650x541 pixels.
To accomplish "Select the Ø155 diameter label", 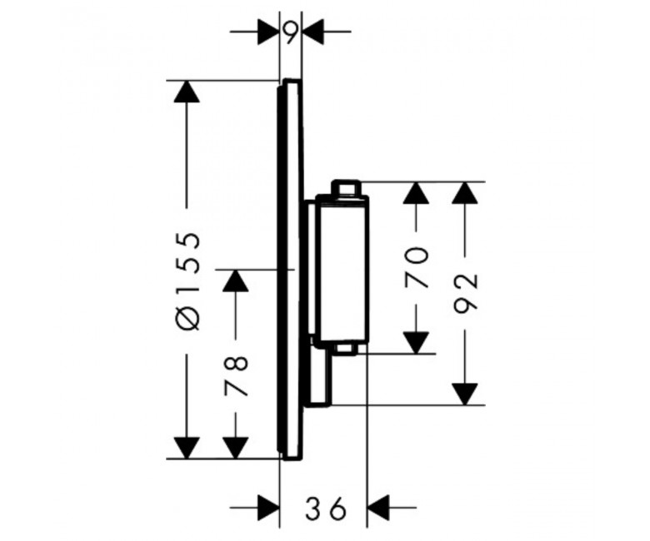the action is pos(187,281).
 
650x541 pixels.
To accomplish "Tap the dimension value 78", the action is pos(236,375).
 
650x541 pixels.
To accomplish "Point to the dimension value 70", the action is pos(416,267).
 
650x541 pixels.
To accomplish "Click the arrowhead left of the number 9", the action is pos(267,31).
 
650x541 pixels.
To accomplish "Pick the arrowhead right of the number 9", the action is pos(313,31).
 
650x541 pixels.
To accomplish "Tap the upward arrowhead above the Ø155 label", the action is pos(187,91).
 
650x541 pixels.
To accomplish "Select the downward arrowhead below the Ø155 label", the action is pos(187,448).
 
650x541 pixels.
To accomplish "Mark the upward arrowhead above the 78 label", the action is pos(236,280).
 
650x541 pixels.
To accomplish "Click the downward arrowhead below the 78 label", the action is pos(236,448).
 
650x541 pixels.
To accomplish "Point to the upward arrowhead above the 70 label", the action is pos(416,192).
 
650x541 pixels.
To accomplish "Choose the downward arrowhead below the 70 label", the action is pos(416,343).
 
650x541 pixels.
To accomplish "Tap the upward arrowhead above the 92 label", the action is pos(465,192).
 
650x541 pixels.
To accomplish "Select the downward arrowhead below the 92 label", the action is pos(465,394).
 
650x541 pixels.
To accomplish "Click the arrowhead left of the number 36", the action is pos(267,507).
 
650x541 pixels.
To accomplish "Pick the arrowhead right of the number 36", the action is pos(379,507).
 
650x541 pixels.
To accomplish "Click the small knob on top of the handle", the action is pos(347,187).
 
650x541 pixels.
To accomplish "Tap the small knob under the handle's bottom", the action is pos(347,350).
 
